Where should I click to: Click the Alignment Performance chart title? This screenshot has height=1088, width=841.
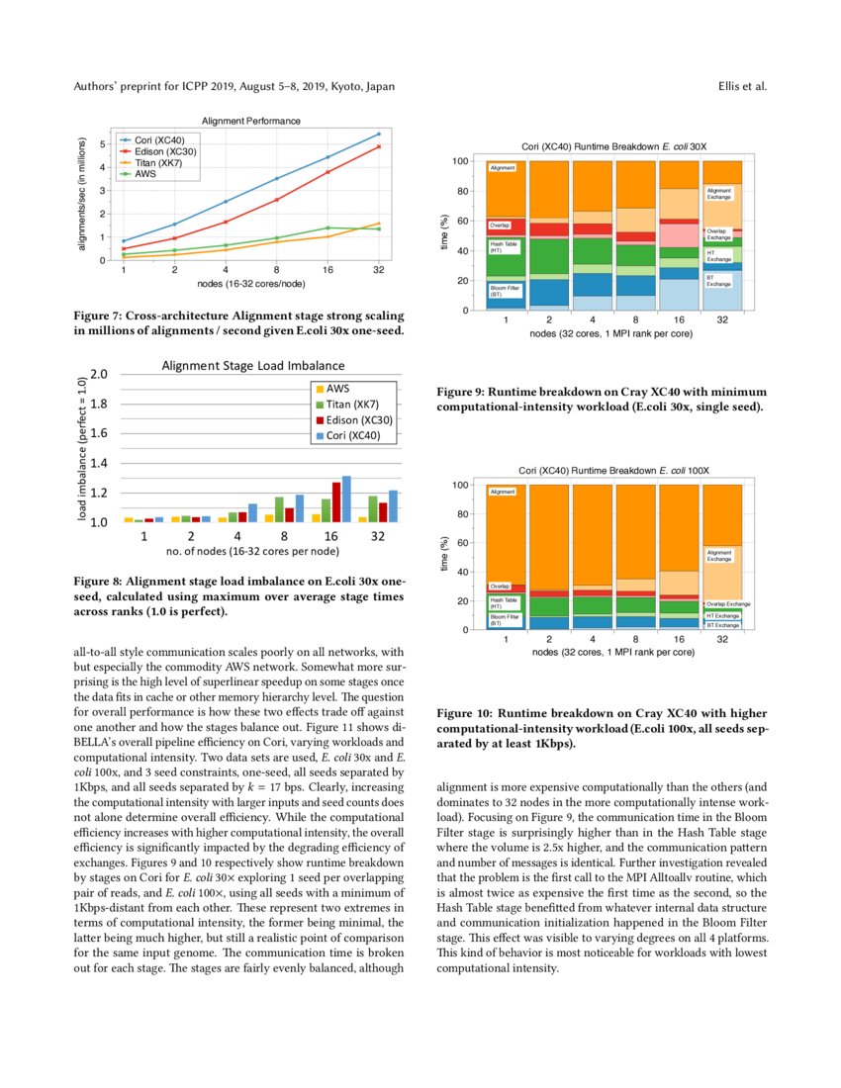[x=251, y=121]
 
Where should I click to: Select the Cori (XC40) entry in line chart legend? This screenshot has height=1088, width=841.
[x=158, y=140]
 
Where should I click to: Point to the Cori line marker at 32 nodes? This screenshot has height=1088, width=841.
[x=379, y=135]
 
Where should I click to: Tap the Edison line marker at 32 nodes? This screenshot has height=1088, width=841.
[x=379, y=146]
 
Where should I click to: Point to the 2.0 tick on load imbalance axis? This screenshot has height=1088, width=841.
[x=98, y=374]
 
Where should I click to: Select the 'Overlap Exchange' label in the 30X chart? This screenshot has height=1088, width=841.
[x=718, y=234]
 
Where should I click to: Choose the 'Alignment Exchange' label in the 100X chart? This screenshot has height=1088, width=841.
[x=719, y=556]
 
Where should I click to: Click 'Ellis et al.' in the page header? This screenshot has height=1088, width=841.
[x=742, y=86]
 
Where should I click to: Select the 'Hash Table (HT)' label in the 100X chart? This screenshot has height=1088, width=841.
[x=504, y=602]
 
